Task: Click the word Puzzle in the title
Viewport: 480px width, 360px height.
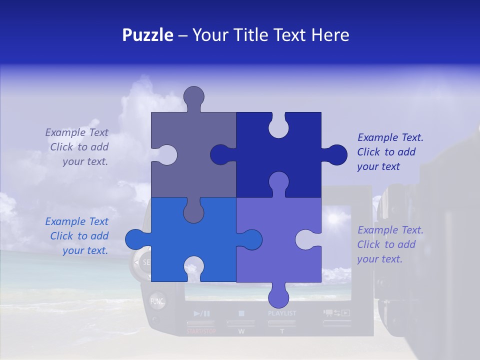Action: click(148, 35)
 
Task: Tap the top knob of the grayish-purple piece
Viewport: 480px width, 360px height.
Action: click(194, 96)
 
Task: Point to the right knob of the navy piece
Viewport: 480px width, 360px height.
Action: click(336, 155)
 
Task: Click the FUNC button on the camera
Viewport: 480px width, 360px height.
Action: click(157, 301)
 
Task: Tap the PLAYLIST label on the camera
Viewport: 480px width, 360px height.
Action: click(282, 313)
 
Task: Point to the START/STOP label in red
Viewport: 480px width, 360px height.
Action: click(201, 331)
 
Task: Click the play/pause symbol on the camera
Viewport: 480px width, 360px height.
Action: click(201, 313)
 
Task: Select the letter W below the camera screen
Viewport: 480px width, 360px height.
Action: click(241, 331)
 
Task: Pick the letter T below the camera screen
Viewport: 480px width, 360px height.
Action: click(281, 331)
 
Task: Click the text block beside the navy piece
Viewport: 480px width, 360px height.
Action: click(390, 152)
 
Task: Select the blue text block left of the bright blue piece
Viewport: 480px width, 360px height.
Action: click(77, 236)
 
